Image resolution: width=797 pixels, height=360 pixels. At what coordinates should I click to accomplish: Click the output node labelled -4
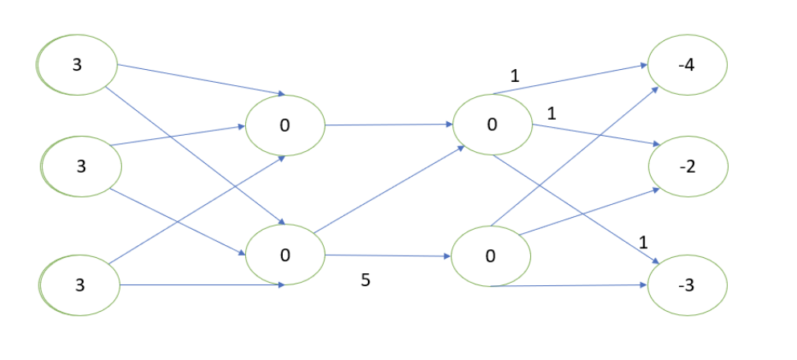tap(688, 63)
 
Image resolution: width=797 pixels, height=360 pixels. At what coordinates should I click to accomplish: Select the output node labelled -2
tap(688, 166)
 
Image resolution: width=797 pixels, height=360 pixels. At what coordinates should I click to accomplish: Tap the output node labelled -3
tap(688, 285)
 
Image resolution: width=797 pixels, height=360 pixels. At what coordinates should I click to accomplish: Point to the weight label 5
tap(366, 282)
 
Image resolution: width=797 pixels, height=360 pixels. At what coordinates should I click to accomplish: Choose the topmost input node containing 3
tap(77, 64)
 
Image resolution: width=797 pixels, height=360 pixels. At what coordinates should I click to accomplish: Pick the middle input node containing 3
tap(81, 167)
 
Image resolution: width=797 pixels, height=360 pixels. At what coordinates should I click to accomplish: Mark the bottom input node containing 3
tap(80, 285)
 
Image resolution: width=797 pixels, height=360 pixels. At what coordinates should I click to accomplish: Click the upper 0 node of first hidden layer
tap(284, 126)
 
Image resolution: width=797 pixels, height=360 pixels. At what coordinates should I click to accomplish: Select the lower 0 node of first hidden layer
tap(284, 255)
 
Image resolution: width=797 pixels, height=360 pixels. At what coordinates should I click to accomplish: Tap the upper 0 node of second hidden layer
tap(492, 125)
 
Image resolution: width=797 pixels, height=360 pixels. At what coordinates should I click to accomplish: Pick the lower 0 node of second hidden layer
tap(490, 256)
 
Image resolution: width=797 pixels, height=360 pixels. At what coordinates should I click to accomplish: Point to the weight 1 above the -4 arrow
tap(515, 77)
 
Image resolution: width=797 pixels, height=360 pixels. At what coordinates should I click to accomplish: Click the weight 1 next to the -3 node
tap(643, 242)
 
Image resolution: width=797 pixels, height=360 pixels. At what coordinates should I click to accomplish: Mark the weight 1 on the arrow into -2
tap(551, 114)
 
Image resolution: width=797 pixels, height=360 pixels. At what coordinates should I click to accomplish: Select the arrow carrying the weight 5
tap(386, 256)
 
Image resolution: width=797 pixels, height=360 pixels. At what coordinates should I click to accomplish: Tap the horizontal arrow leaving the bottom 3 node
tap(201, 285)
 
